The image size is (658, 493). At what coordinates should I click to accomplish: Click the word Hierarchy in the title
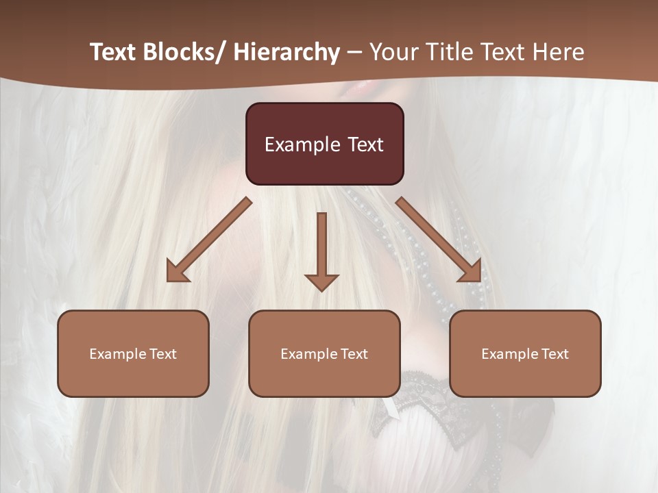click(287, 52)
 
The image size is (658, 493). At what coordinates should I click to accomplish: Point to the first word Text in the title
click(114, 52)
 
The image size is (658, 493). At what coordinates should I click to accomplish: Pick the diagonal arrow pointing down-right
click(439, 240)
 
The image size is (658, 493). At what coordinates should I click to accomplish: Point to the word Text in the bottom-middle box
click(354, 354)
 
